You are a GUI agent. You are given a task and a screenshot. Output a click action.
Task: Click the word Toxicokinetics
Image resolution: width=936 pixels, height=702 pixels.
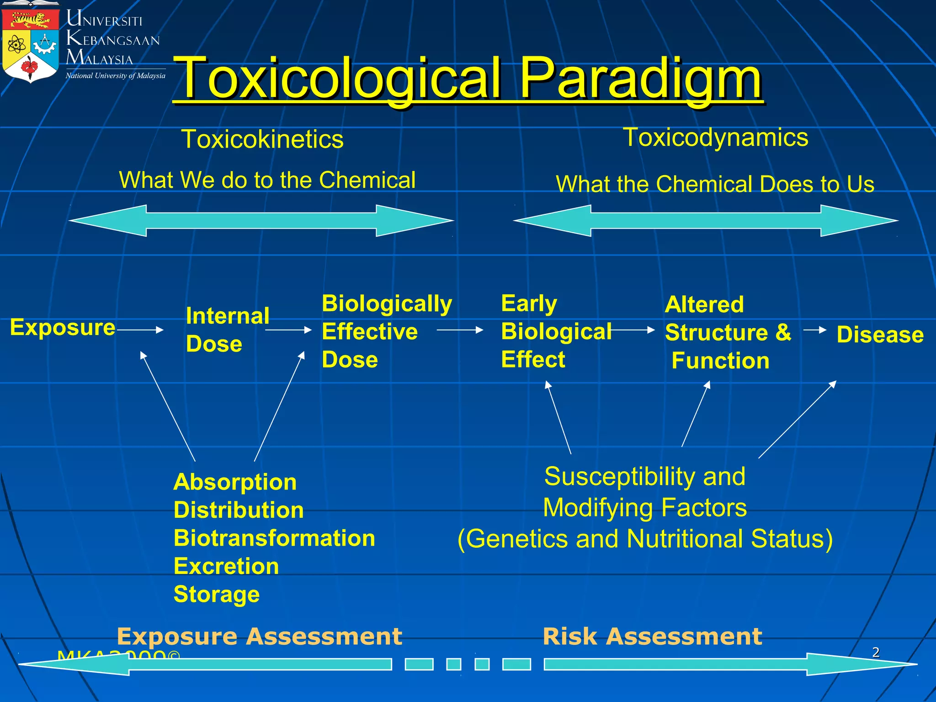coord(262,139)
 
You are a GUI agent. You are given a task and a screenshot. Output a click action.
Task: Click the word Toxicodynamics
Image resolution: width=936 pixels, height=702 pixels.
coord(716,137)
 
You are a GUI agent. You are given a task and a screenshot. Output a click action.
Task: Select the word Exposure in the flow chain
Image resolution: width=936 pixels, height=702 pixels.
coord(63,328)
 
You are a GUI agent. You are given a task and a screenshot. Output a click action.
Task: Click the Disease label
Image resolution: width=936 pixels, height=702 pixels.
coord(880,335)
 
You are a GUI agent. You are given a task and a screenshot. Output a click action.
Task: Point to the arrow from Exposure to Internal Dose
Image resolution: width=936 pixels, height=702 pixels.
coord(141,330)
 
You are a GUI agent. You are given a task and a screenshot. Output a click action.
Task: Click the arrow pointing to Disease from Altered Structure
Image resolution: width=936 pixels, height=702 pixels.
coord(815,330)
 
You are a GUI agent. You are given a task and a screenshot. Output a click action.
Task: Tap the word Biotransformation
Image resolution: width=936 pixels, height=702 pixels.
coord(274,538)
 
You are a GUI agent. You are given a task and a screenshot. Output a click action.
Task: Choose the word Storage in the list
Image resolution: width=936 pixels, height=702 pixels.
coord(217,594)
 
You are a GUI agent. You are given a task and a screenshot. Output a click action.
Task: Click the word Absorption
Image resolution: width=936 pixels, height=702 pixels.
coord(235,482)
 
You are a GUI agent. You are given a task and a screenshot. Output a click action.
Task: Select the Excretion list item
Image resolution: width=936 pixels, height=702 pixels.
coord(226,566)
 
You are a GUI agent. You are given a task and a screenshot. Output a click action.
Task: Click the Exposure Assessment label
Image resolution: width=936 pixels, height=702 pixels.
coord(259,636)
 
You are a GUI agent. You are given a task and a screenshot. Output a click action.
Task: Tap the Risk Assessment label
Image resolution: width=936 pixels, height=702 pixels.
coord(652,636)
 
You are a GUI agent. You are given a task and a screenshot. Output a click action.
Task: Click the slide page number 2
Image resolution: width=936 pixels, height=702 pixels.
coord(876,652)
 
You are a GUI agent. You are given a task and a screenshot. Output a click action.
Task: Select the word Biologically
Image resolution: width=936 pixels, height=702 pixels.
coord(387,304)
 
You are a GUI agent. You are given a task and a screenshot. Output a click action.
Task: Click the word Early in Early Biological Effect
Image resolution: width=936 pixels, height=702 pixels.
coord(529,304)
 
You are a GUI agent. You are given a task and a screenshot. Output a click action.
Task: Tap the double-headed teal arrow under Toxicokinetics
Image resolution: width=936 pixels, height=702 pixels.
coord(261,221)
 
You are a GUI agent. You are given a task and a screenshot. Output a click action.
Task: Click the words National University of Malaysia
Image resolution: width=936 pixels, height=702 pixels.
coord(116,76)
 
